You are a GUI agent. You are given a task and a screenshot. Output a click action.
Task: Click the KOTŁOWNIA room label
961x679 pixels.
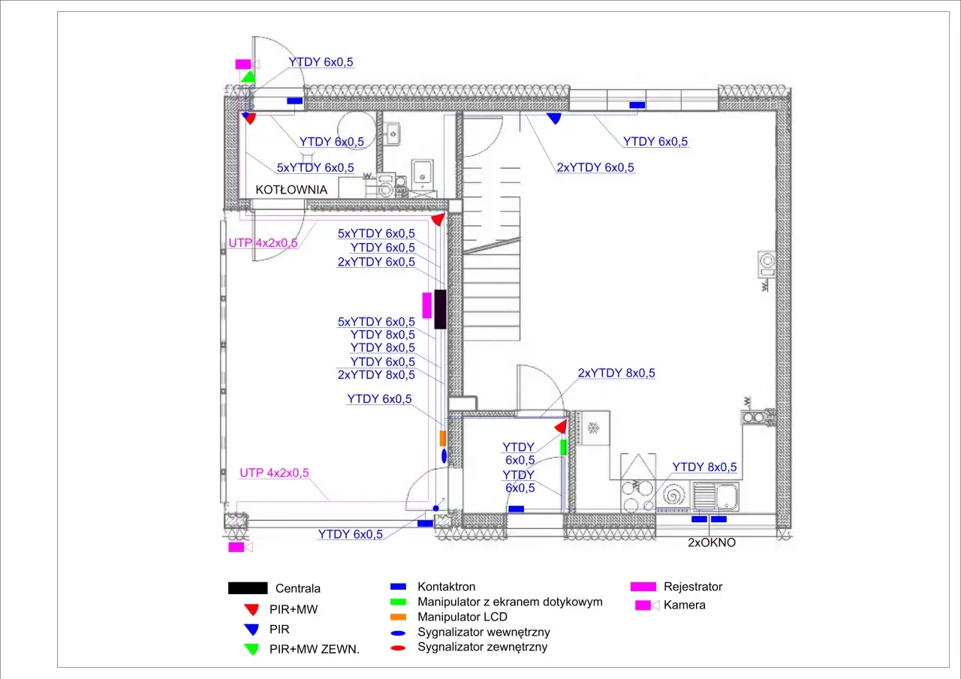291,190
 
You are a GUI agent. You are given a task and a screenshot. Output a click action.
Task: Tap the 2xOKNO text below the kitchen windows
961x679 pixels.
712,542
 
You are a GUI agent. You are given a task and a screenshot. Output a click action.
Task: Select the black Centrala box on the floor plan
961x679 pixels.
440,309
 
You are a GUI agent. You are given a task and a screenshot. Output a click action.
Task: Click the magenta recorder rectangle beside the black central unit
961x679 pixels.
427,305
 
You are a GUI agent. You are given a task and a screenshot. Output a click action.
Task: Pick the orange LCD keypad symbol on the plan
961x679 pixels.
443,438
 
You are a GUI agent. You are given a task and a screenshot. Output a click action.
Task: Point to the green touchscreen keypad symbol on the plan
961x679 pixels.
563,447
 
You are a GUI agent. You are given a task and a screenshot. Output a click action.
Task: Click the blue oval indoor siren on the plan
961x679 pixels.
444,455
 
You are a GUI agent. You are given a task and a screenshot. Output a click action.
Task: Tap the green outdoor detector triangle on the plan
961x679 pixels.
248,77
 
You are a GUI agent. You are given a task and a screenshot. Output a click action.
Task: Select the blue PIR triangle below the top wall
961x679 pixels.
554,119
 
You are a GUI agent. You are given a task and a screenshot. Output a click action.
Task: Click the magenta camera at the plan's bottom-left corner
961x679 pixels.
240,547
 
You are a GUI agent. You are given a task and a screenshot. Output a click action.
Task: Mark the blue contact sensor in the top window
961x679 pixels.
637,105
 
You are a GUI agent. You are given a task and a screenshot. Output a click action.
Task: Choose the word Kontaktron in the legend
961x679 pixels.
446,587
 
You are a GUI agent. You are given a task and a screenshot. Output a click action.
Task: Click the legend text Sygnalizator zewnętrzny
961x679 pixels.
482,647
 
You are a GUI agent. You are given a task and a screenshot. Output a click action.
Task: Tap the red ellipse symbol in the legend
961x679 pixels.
398,648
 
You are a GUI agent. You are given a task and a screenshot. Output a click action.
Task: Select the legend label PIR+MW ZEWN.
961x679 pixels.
314,650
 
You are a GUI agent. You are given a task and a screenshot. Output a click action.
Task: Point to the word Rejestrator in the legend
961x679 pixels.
693,587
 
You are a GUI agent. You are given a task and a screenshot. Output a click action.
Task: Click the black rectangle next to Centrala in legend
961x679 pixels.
248,588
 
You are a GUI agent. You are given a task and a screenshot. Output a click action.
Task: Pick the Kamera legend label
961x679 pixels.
684,605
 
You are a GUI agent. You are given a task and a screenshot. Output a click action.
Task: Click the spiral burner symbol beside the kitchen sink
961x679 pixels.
672,495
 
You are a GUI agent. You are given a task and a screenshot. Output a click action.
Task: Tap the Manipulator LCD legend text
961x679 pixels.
462,617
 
